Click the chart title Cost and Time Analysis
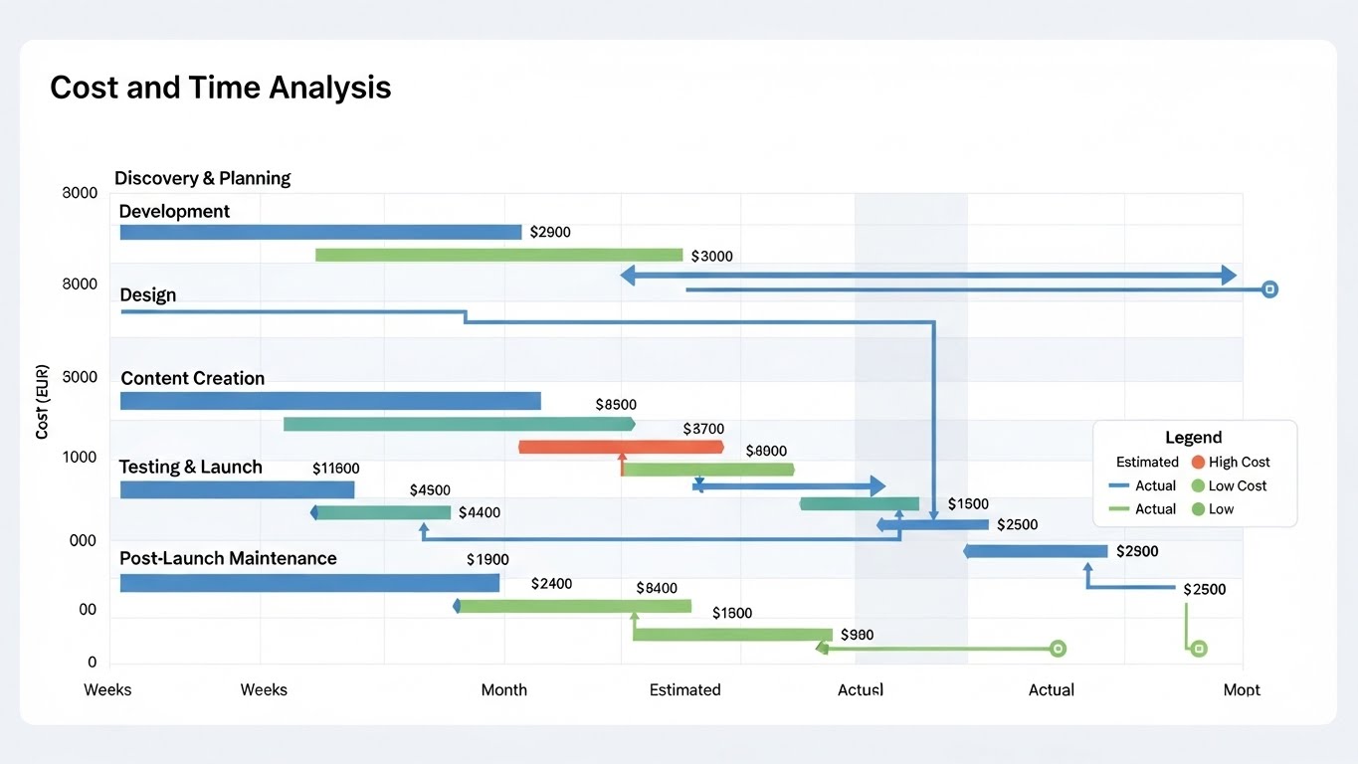point(220,88)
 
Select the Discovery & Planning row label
point(202,178)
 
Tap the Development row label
point(174,211)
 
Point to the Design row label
point(147,294)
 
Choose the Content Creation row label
point(192,378)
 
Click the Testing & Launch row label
point(190,467)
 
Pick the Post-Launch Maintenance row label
point(228,558)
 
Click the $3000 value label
point(710,256)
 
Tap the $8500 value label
point(616,405)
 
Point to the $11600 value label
point(335,468)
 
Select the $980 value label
point(857,634)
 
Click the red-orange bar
point(621,447)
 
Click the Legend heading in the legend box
point(1193,438)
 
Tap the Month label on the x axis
point(503,689)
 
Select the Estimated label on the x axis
point(684,689)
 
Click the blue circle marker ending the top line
point(1268,289)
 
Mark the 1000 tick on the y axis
point(80,458)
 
